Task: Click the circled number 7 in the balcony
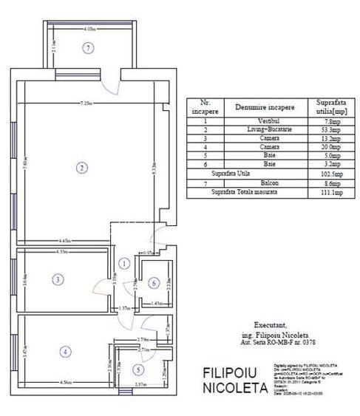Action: coord(89,48)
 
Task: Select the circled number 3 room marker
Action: coord(57,279)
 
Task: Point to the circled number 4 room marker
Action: coord(66,352)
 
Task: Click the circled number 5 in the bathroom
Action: coord(138,369)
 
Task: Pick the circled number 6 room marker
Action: coord(152,283)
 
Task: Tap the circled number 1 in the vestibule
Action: coord(125,263)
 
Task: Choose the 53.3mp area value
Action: coord(328,129)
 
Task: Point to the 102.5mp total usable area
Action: coord(328,174)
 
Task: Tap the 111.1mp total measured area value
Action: coord(328,191)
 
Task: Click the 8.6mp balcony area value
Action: coord(328,183)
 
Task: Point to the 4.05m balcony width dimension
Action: coord(89,30)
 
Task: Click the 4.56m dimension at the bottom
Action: coord(67,383)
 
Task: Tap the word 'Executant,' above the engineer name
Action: coord(267,324)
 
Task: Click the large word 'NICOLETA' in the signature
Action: coord(234,386)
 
